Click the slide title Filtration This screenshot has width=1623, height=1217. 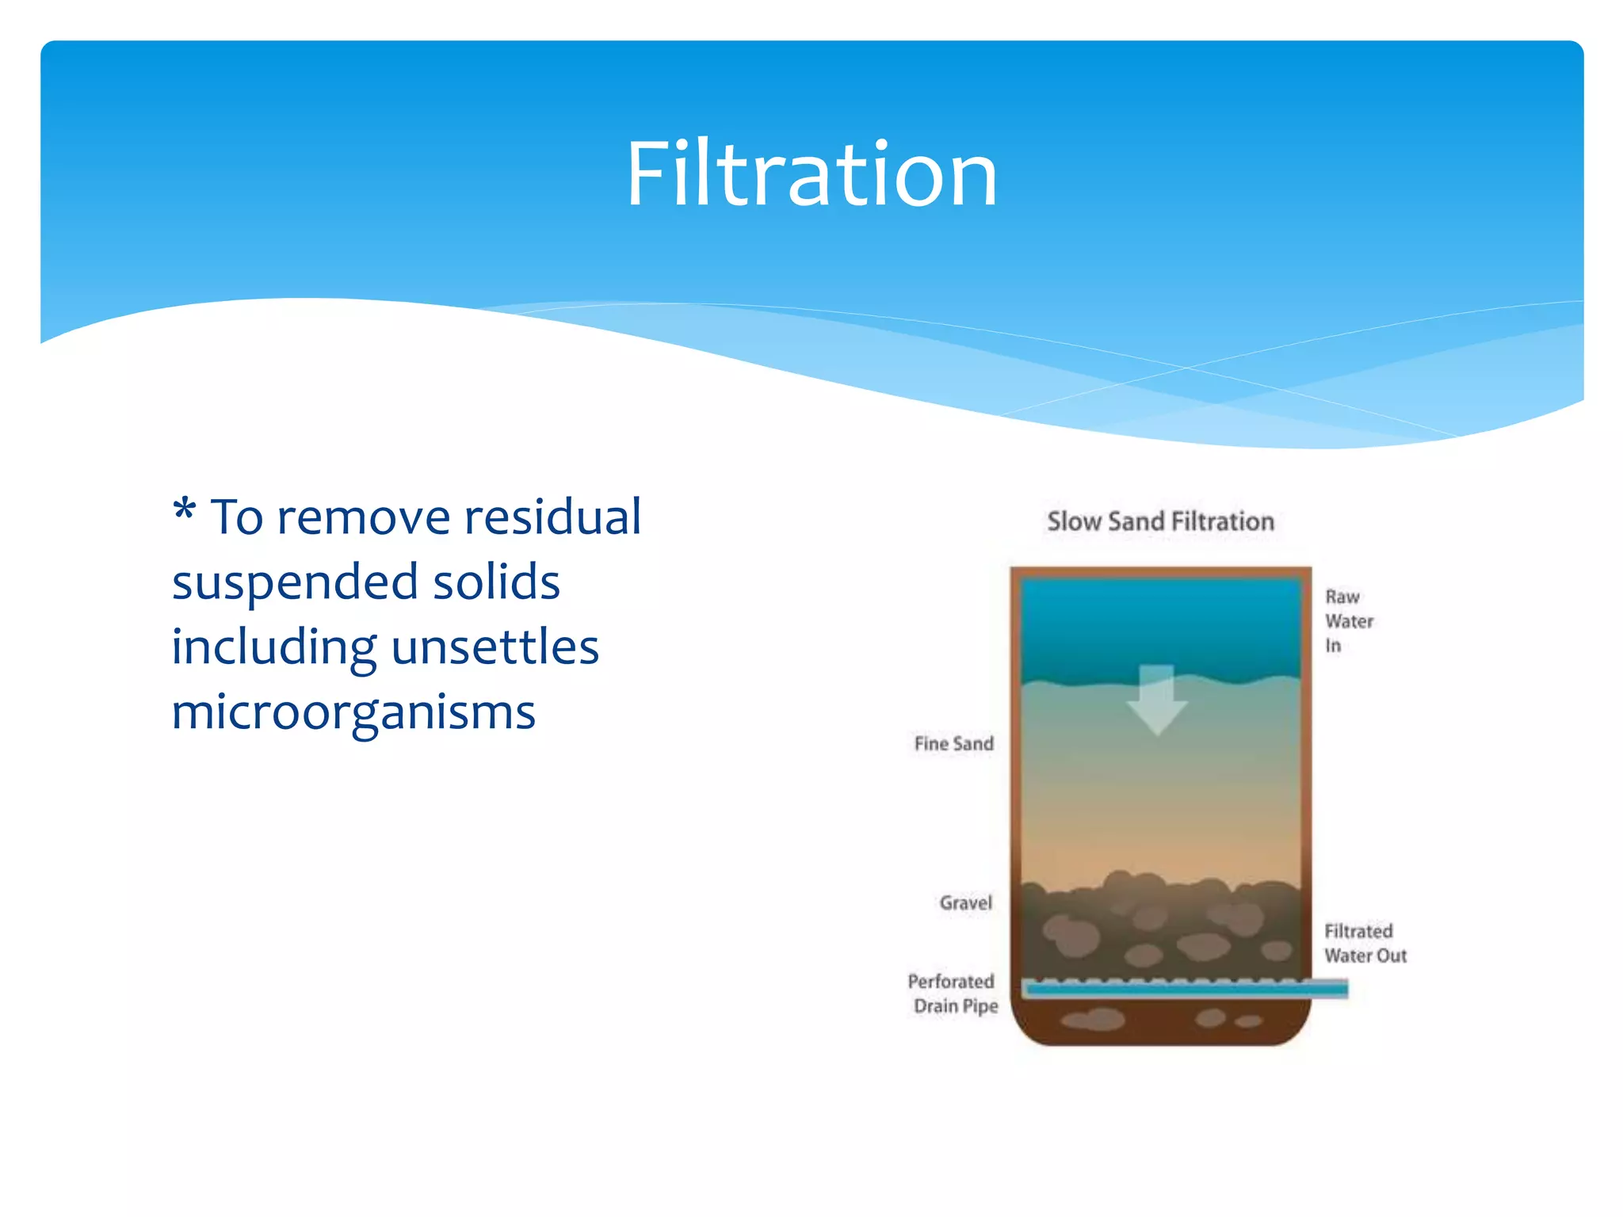click(811, 174)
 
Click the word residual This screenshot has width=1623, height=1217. click(552, 518)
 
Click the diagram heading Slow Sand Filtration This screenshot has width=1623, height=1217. click(1160, 521)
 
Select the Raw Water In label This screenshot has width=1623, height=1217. click(1348, 621)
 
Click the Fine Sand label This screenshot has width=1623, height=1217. click(953, 743)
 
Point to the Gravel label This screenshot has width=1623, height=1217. click(965, 902)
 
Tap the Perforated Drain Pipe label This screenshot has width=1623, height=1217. click(953, 994)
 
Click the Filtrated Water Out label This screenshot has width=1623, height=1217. click(1365, 943)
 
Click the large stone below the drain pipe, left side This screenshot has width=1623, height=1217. click(1093, 1019)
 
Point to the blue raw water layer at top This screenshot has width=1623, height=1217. click(1160, 626)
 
